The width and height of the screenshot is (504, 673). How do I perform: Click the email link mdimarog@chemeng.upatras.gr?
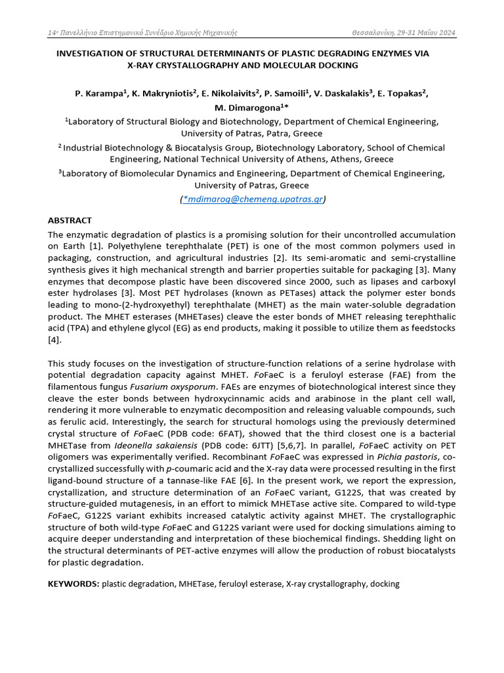point(254,199)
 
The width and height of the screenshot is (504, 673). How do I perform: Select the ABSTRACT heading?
point(70,220)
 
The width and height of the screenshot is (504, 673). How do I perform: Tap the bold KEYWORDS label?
point(73,584)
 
